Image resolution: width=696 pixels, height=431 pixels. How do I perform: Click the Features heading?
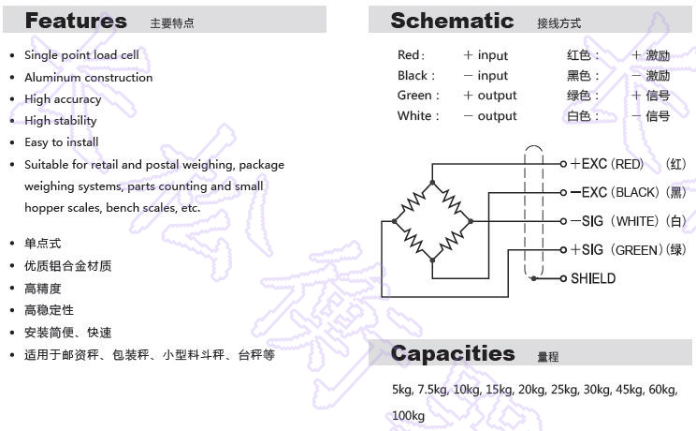click(x=76, y=21)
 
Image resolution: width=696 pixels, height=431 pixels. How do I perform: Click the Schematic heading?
click(x=452, y=21)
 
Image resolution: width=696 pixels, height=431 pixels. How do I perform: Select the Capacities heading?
click(x=453, y=353)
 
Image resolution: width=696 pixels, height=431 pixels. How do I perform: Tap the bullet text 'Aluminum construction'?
click(x=88, y=78)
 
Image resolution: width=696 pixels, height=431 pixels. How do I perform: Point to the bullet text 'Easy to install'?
click(x=61, y=142)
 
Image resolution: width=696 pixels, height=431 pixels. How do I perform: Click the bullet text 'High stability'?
click(x=61, y=121)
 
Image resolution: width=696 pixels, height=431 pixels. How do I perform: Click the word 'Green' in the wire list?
click(x=414, y=96)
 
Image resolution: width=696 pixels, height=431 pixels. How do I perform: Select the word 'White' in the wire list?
click(x=414, y=115)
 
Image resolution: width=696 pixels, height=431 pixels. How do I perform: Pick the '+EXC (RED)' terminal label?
click(x=607, y=164)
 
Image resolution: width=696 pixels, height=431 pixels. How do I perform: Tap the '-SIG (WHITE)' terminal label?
click(x=615, y=221)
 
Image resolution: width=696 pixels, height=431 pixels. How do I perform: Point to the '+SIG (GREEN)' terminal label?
click(x=617, y=250)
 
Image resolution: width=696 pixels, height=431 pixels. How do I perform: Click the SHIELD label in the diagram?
click(x=593, y=278)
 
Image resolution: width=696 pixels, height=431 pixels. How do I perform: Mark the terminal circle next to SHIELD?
click(x=563, y=278)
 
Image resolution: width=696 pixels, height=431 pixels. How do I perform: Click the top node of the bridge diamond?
click(x=432, y=183)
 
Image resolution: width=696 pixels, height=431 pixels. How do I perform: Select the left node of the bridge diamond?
click(x=394, y=221)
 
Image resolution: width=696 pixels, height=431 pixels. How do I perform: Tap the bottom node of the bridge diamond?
click(x=432, y=260)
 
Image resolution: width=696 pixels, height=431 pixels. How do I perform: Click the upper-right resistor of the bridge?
click(x=452, y=201)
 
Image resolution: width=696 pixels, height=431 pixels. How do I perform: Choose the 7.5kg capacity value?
click(x=432, y=390)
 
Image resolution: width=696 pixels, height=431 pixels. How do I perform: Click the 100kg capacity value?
click(x=408, y=416)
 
